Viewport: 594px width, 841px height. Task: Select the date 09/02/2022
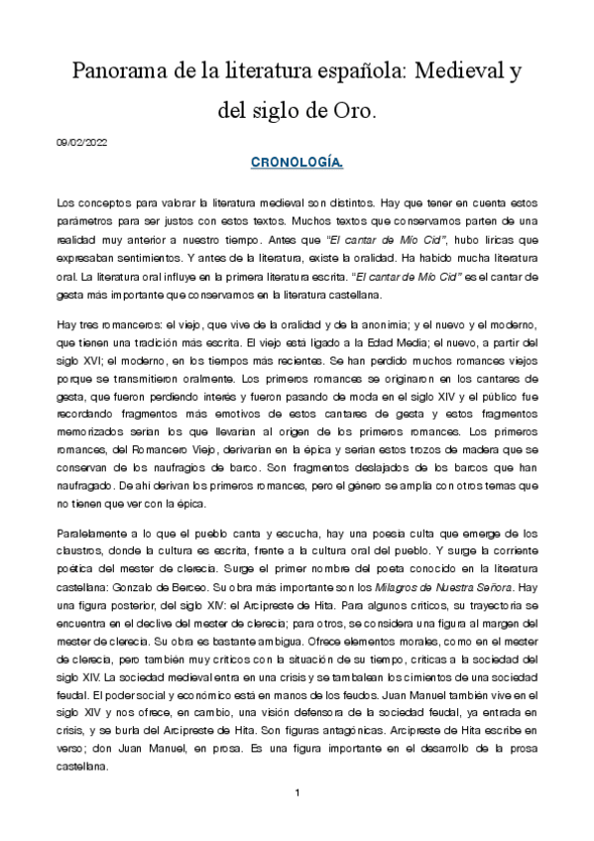[x=82, y=143]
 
